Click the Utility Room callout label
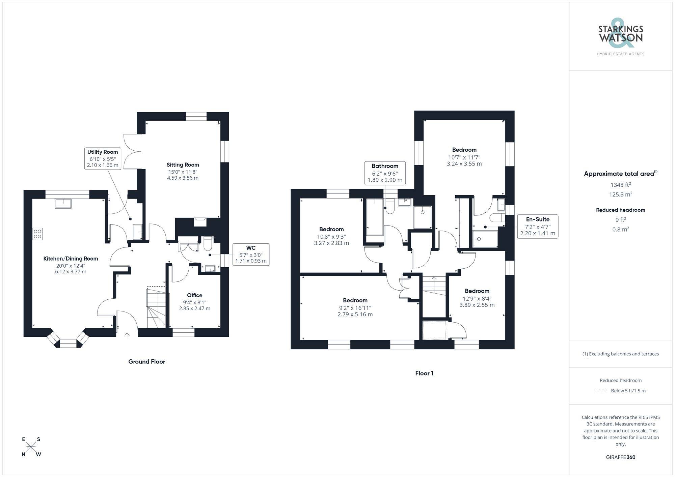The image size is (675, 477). (103, 158)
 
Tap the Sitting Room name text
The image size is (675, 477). (183, 165)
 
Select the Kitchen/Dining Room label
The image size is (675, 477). (71, 259)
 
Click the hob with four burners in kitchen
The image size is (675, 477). (37, 234)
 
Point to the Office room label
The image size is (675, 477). (194, 295)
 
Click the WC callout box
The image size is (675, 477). (251, 254)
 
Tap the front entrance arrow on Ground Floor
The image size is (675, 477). (127, 335)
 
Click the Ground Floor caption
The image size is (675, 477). (146, 362)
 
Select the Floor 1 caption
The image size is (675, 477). (424, 373)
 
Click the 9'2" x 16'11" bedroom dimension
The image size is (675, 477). (355, 308)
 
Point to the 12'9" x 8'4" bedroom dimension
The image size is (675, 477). (477, 298)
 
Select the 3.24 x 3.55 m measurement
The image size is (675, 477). (464, 164)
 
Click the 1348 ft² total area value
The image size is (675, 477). (620, 185)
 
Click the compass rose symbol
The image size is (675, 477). (31, 447)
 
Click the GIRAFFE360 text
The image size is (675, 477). (620, 457)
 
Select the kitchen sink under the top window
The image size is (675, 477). (63, 203)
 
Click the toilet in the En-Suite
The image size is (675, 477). (497, 217)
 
